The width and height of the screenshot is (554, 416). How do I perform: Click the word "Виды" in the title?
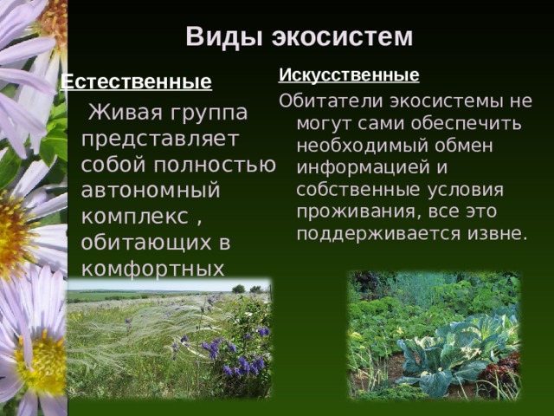tap(224, 36)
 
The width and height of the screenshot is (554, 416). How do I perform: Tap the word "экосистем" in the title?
tap(343, 36)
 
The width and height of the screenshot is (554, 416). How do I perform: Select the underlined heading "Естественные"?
tap(137, 82)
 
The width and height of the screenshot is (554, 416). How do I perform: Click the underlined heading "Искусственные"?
tap(349, 75)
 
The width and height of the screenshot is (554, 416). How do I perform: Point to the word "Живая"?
tap(126, 112)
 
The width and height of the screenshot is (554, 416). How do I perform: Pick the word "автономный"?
tap(151, 191)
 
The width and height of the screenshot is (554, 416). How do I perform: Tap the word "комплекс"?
tap(135, 217)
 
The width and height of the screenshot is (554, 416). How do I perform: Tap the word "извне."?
tap(498, 233)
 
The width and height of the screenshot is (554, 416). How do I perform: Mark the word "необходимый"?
tap(362, 146)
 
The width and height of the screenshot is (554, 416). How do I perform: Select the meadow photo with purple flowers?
tap(170, 339)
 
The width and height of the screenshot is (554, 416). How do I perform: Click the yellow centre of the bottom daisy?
tap(41, 364)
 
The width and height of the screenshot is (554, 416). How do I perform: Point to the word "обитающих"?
tap(146, 243)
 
